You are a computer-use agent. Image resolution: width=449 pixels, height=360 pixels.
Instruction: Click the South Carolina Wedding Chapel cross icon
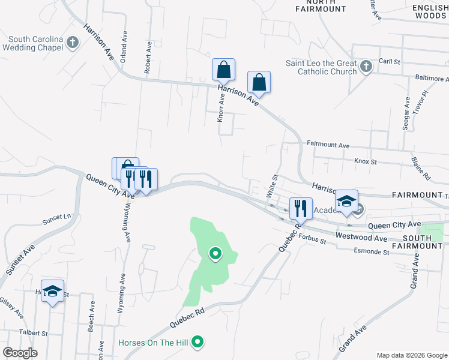(73, 43)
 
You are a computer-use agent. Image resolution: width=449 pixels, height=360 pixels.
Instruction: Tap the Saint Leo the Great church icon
(366, 67)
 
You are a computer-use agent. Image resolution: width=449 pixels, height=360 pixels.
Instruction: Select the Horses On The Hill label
(153, 343)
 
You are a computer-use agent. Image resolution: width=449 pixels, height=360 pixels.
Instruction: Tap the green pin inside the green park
(215, 254)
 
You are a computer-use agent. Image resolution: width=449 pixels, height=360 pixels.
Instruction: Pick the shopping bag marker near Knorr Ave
(223, 70)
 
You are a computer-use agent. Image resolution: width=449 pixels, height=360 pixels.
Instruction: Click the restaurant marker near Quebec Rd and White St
(301, 209)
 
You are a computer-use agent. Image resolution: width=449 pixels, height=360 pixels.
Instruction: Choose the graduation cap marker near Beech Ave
(53, 292)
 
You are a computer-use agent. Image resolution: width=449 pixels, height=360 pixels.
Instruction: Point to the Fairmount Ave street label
(328, 145)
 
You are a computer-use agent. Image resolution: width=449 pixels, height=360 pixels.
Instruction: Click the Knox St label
(365, 161)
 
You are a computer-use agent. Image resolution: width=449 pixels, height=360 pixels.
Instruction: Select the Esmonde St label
(372, 251)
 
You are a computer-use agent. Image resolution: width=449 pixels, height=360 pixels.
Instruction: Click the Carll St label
(389, 62)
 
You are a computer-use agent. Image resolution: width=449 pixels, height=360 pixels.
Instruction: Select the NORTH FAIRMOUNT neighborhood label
(322, 5)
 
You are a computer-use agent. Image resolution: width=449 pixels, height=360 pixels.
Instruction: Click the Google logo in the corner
(19, 353)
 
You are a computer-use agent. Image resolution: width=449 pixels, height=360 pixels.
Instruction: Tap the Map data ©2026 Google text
(411, 355)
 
